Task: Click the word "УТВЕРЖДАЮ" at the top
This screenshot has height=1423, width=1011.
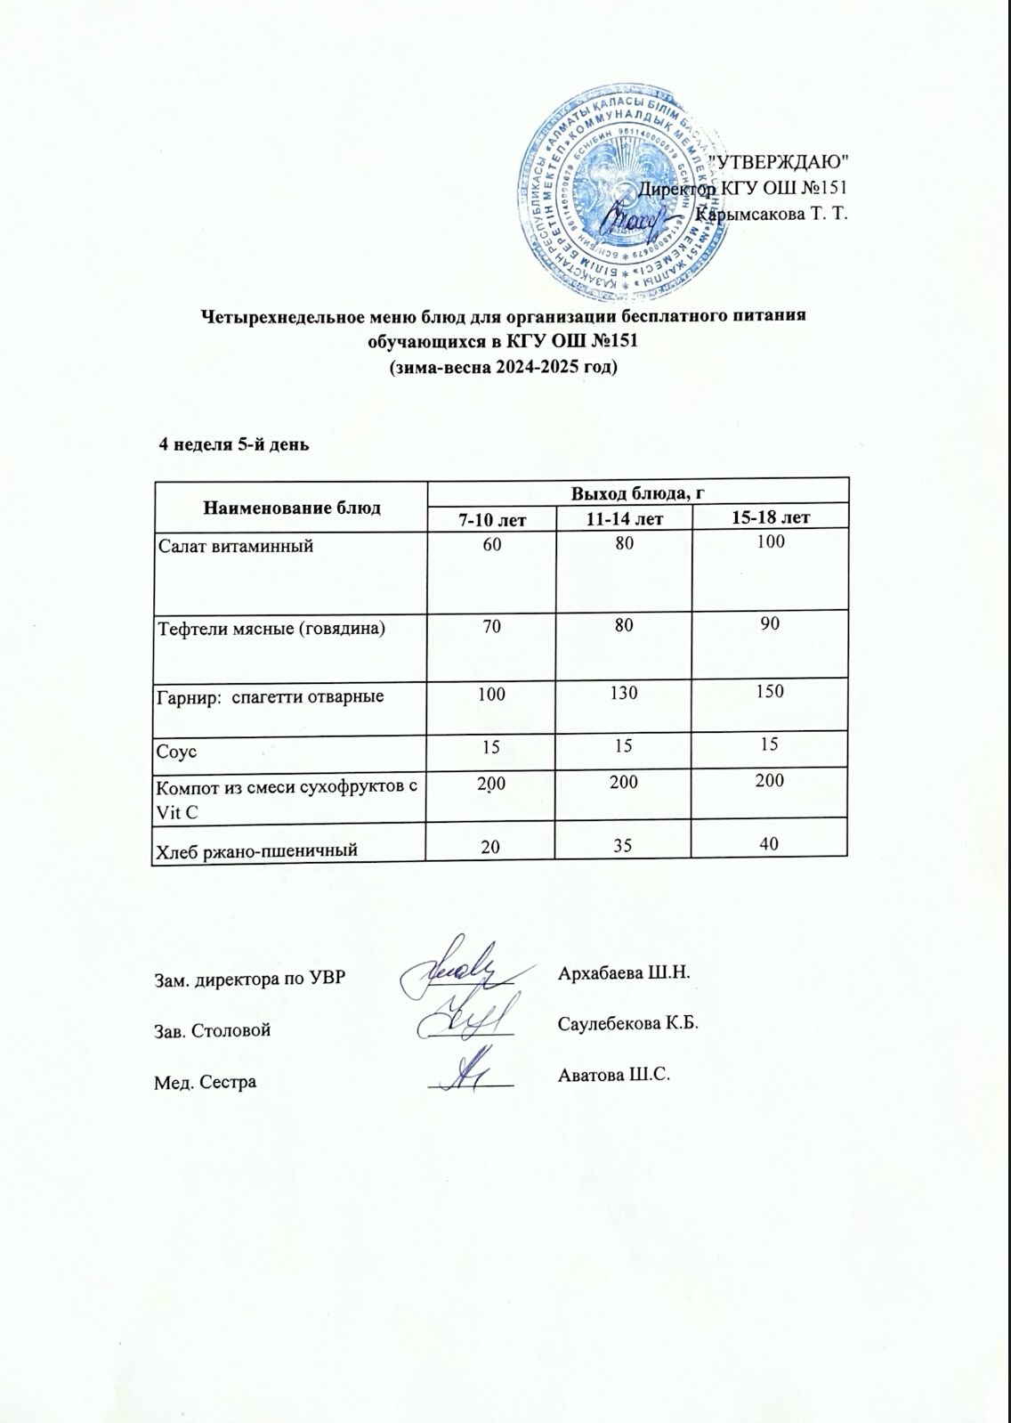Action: (783, 161)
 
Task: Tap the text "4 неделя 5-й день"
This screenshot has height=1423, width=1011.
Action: (233, 444)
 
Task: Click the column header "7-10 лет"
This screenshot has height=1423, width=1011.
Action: (491, 518)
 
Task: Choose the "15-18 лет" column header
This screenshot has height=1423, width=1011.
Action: (770, 517)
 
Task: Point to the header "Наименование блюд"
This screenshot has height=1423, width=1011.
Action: (291, 508)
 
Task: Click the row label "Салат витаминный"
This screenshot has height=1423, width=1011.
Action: (235, 545)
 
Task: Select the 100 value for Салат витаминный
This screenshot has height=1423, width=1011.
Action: (771, 541)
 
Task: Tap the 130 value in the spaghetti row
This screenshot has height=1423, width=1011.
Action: (623, 692)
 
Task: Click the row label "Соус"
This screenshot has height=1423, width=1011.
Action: (176, 752)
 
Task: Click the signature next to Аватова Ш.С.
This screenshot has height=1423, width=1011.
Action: (467, 1074)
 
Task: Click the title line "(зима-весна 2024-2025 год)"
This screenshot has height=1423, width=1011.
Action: (505, 367)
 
